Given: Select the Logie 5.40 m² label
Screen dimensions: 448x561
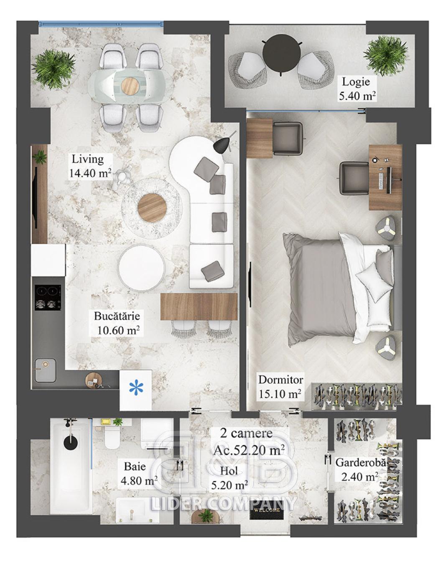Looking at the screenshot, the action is [356, 89].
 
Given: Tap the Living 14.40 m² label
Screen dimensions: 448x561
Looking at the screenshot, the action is [90, 166].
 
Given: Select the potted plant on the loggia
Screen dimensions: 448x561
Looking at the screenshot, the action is [386, 56].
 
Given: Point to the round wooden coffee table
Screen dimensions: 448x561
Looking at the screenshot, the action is [152, 207].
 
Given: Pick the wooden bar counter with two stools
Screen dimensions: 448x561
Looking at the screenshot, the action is [199, 306].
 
